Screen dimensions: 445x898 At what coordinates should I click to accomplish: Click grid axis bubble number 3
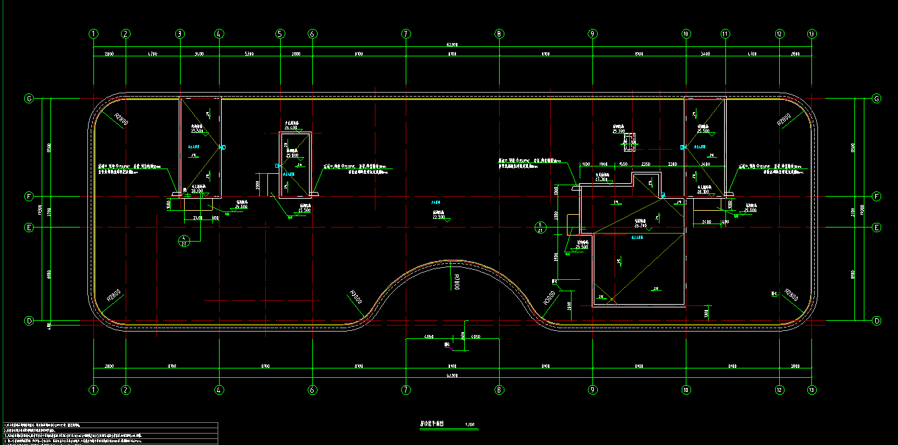point(179,34)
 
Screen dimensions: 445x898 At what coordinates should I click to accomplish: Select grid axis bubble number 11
point(725,34)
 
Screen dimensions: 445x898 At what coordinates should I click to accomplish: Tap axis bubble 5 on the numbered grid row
point(280,34)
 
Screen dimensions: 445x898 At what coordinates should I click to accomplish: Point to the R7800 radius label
point(456,281)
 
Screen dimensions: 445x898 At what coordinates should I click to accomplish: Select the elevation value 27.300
point(602,179)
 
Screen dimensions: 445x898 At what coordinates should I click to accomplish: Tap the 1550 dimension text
point(623,164)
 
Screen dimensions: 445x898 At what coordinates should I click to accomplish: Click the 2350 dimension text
point(645,164)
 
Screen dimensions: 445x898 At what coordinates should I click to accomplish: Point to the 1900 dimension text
point(603,164)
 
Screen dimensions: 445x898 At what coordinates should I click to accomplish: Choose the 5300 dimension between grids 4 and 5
point(249,53)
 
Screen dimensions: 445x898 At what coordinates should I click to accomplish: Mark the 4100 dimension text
point(585,164)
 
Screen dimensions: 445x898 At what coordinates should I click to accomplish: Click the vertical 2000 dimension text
point(259,184)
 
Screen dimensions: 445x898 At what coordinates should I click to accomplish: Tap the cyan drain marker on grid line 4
point(224,146)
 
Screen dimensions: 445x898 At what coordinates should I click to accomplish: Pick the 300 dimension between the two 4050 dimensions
point(463,336)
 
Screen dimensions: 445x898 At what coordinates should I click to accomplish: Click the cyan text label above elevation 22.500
point(436,202)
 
